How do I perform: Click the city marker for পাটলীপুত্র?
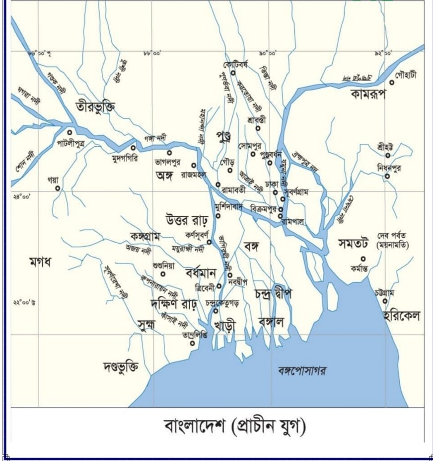(70, 132)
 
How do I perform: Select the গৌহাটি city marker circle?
(391, 82)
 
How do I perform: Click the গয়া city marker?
(58, 188)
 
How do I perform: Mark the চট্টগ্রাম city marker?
(385, 301)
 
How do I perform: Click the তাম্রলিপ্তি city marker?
(193, 342)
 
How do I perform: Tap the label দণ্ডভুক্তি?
(121, 367)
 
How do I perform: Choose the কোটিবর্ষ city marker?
(233, 73)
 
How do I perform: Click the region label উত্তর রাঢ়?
(188, 219)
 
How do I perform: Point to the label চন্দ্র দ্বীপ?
(273, 293)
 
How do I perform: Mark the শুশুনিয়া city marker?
(162, 274)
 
